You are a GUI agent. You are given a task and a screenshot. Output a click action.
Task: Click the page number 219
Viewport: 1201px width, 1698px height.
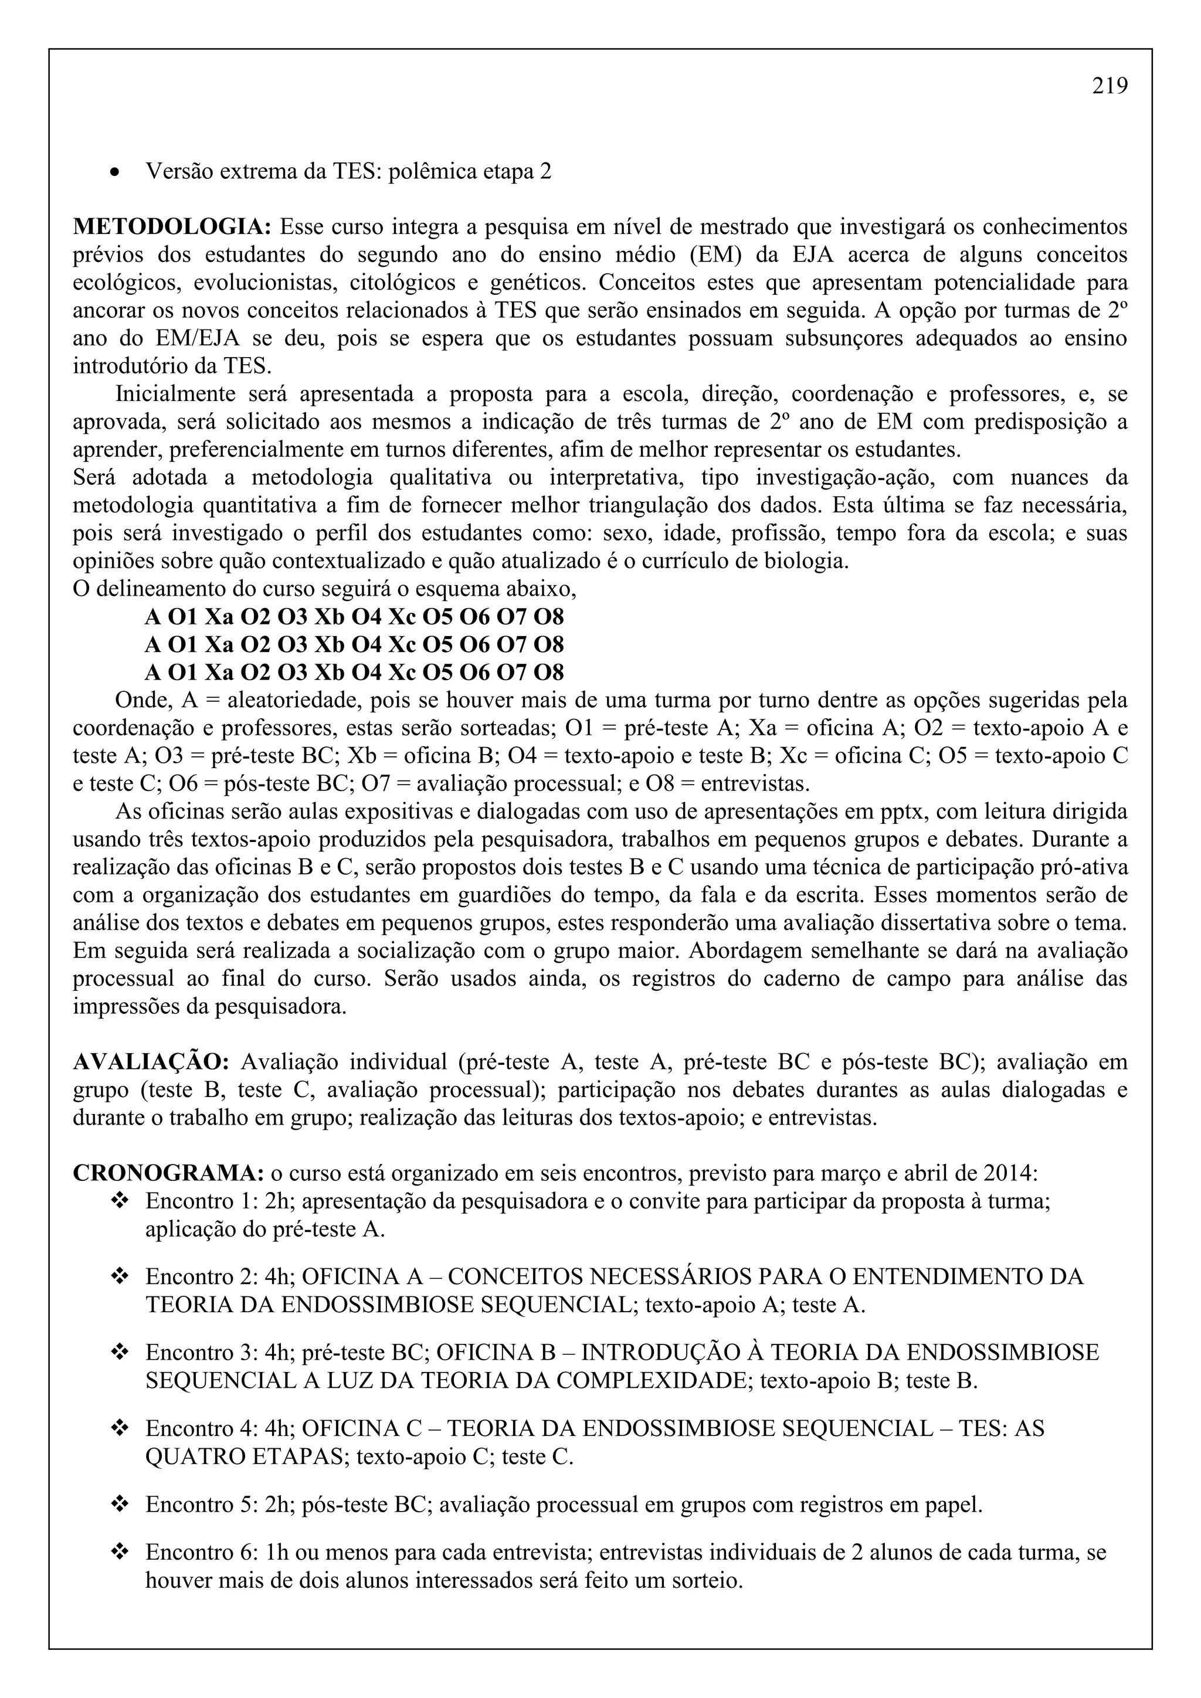point(1110,87)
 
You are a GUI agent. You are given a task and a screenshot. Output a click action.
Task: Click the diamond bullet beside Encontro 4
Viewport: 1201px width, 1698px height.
point(119,1428)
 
